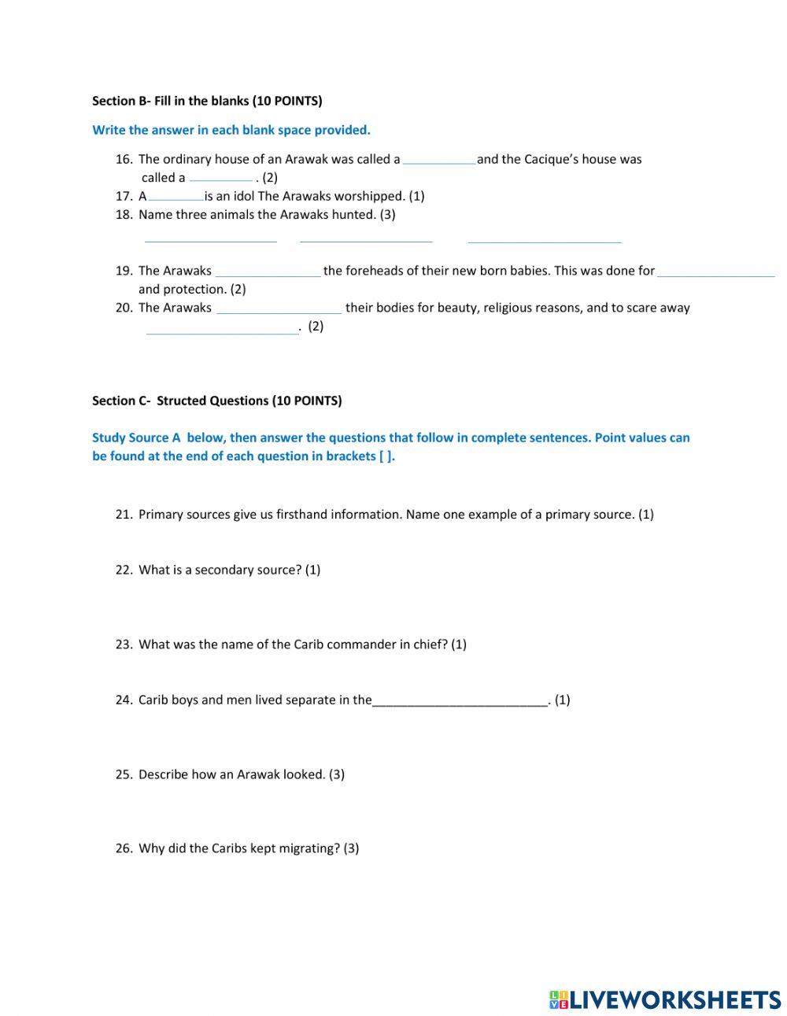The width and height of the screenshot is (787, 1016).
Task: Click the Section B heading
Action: [x=207, y=101]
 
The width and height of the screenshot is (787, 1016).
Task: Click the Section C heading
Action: [x=216, y=401]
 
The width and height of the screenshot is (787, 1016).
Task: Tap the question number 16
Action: [x=124, y=159]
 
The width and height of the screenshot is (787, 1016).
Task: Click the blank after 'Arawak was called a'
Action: [x=438, y=159]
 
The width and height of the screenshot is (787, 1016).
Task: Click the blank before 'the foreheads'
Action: [x=268, y=271]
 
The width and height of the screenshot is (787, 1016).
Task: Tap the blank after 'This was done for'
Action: [x=715, y=271]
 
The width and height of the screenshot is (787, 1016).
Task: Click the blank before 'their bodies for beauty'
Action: [x=279, y=308]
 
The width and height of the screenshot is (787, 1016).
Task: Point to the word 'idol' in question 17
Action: [x=244, y=196]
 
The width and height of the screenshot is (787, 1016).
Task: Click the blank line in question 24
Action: [x=460, y=700]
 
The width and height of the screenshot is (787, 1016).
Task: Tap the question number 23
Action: [x=124, y=644]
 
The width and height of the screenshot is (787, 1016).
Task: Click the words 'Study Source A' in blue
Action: [x=136, y=438]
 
